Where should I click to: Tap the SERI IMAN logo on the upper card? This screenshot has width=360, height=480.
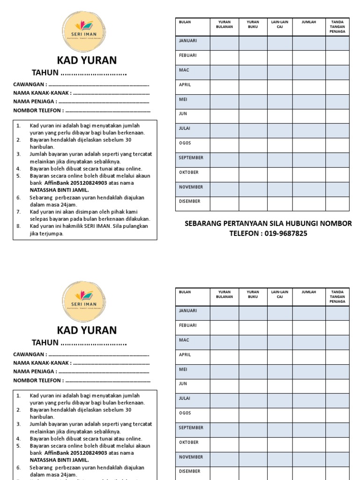84,32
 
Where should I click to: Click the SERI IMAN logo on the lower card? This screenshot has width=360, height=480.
84,301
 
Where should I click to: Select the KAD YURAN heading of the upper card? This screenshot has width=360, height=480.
87,60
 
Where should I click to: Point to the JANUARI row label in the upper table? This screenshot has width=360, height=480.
187,41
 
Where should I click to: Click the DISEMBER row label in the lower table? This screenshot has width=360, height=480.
189,471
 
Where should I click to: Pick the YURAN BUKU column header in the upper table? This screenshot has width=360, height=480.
253,24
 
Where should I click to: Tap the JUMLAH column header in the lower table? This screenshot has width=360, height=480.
308,292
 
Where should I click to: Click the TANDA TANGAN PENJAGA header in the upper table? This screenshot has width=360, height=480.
337,27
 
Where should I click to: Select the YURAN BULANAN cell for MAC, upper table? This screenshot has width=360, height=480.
224,72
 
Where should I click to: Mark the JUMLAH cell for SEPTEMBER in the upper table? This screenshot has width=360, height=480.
309,160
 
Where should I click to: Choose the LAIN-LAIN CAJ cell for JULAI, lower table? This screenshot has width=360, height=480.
280,401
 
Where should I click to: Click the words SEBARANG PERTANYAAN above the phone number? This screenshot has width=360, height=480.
225,224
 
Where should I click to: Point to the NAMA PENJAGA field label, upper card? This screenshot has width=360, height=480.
35,101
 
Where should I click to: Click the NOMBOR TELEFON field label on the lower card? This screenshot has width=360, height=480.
38,381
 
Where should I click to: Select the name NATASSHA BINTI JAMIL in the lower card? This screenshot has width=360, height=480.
59,460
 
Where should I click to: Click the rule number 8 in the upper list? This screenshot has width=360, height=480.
19,226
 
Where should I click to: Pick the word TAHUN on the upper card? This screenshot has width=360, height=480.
45,73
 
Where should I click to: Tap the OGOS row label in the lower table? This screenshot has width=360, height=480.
186,413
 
